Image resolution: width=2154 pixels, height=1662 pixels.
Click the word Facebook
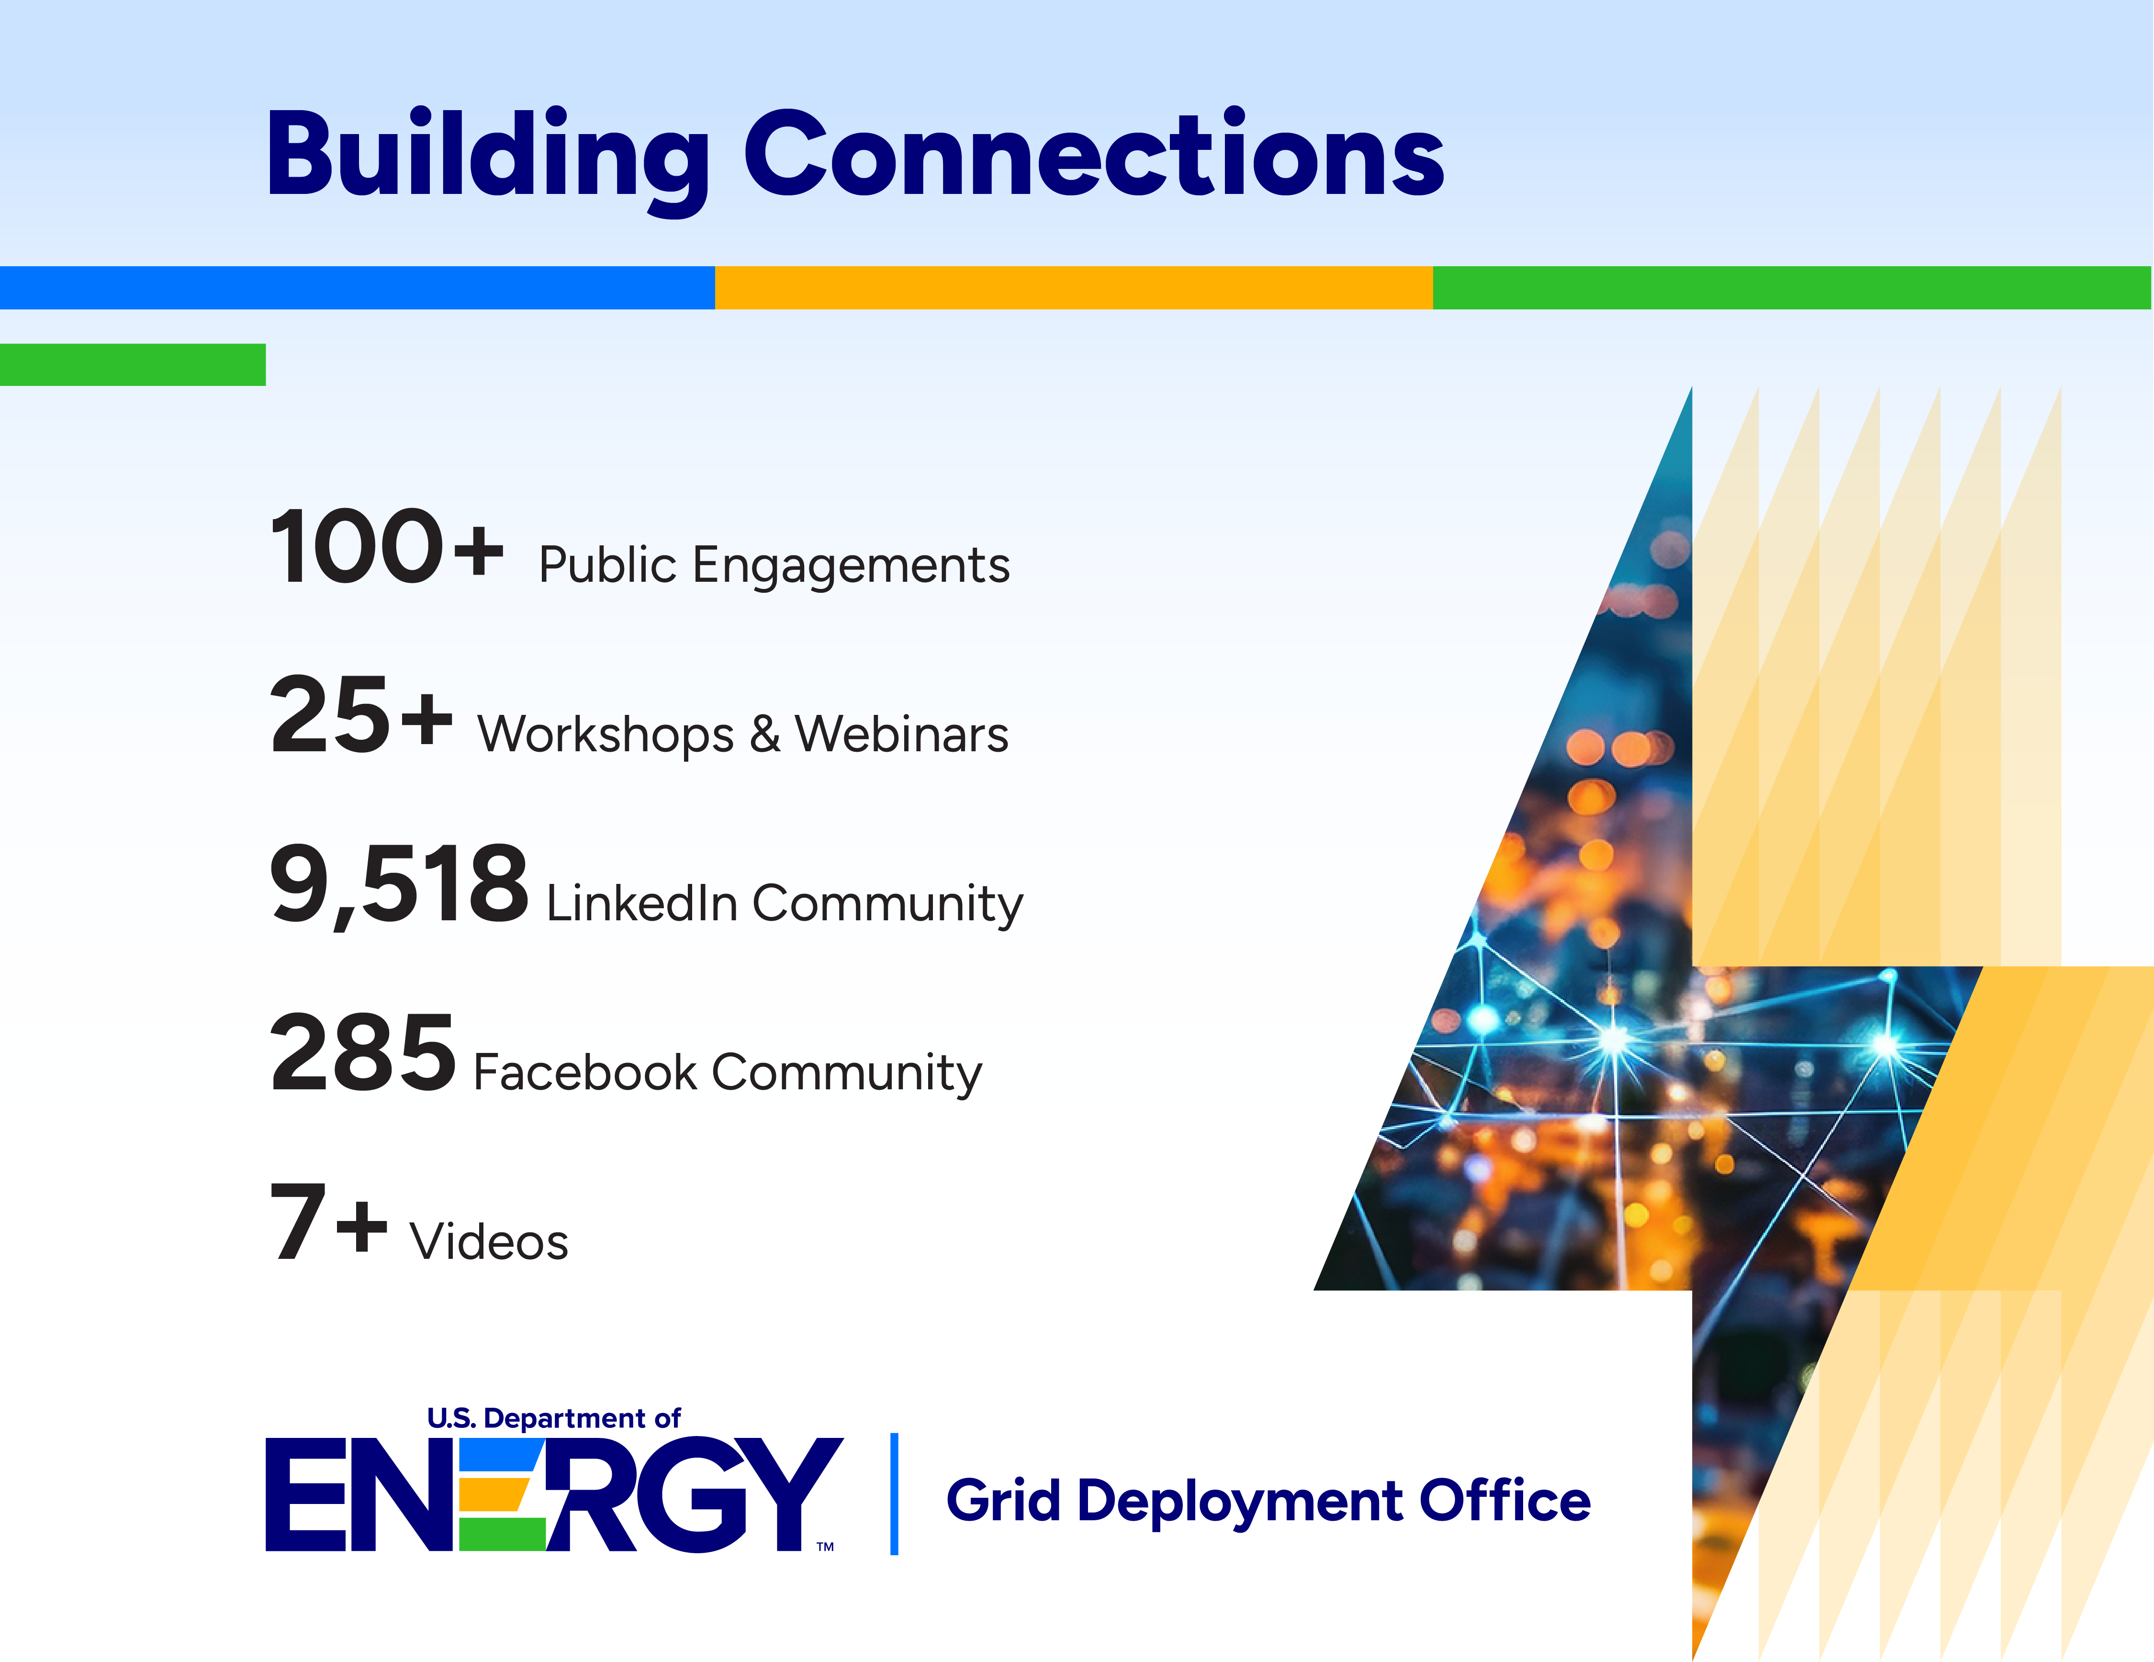pyautogui.click(x=586, y=1072)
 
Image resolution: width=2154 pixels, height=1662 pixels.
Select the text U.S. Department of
pyautogui.click(x=553, y=1418)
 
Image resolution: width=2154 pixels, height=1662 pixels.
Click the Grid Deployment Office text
pyautogui.click(x=1268, y=1501)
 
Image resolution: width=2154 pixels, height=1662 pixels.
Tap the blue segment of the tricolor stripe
pyautogui.click(x=357, y=288)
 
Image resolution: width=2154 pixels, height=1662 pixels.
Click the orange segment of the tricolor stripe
pyautogui.click(x=1074, y=288)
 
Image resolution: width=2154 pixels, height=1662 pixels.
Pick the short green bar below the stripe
pyautogui.click(x=133, y=364)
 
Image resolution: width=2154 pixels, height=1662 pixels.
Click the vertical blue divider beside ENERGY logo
pyautogui.click(x=895, y=1493)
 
